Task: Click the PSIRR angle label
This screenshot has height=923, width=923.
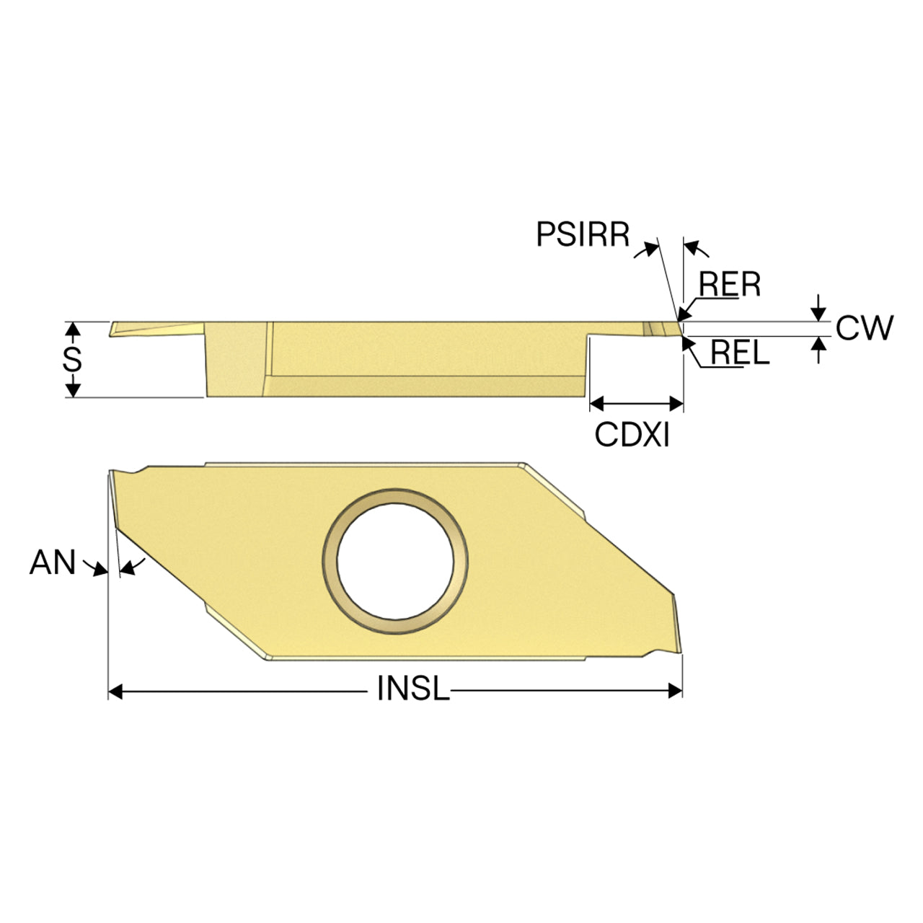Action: (x=583, y=234)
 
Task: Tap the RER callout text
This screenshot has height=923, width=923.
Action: (x=730, y=284)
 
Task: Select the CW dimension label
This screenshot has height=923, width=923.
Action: (x=865, y=328)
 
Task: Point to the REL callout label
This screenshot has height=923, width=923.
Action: (x=740, y=353)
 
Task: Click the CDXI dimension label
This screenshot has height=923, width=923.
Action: (x=632, y=435)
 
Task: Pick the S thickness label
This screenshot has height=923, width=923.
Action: (x=72, y=359)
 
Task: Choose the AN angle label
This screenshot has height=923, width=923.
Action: (x=53, y=562)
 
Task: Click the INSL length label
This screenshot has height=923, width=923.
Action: (x=413, y=689)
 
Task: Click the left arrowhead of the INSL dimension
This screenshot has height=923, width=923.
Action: (x=115, y=692)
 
